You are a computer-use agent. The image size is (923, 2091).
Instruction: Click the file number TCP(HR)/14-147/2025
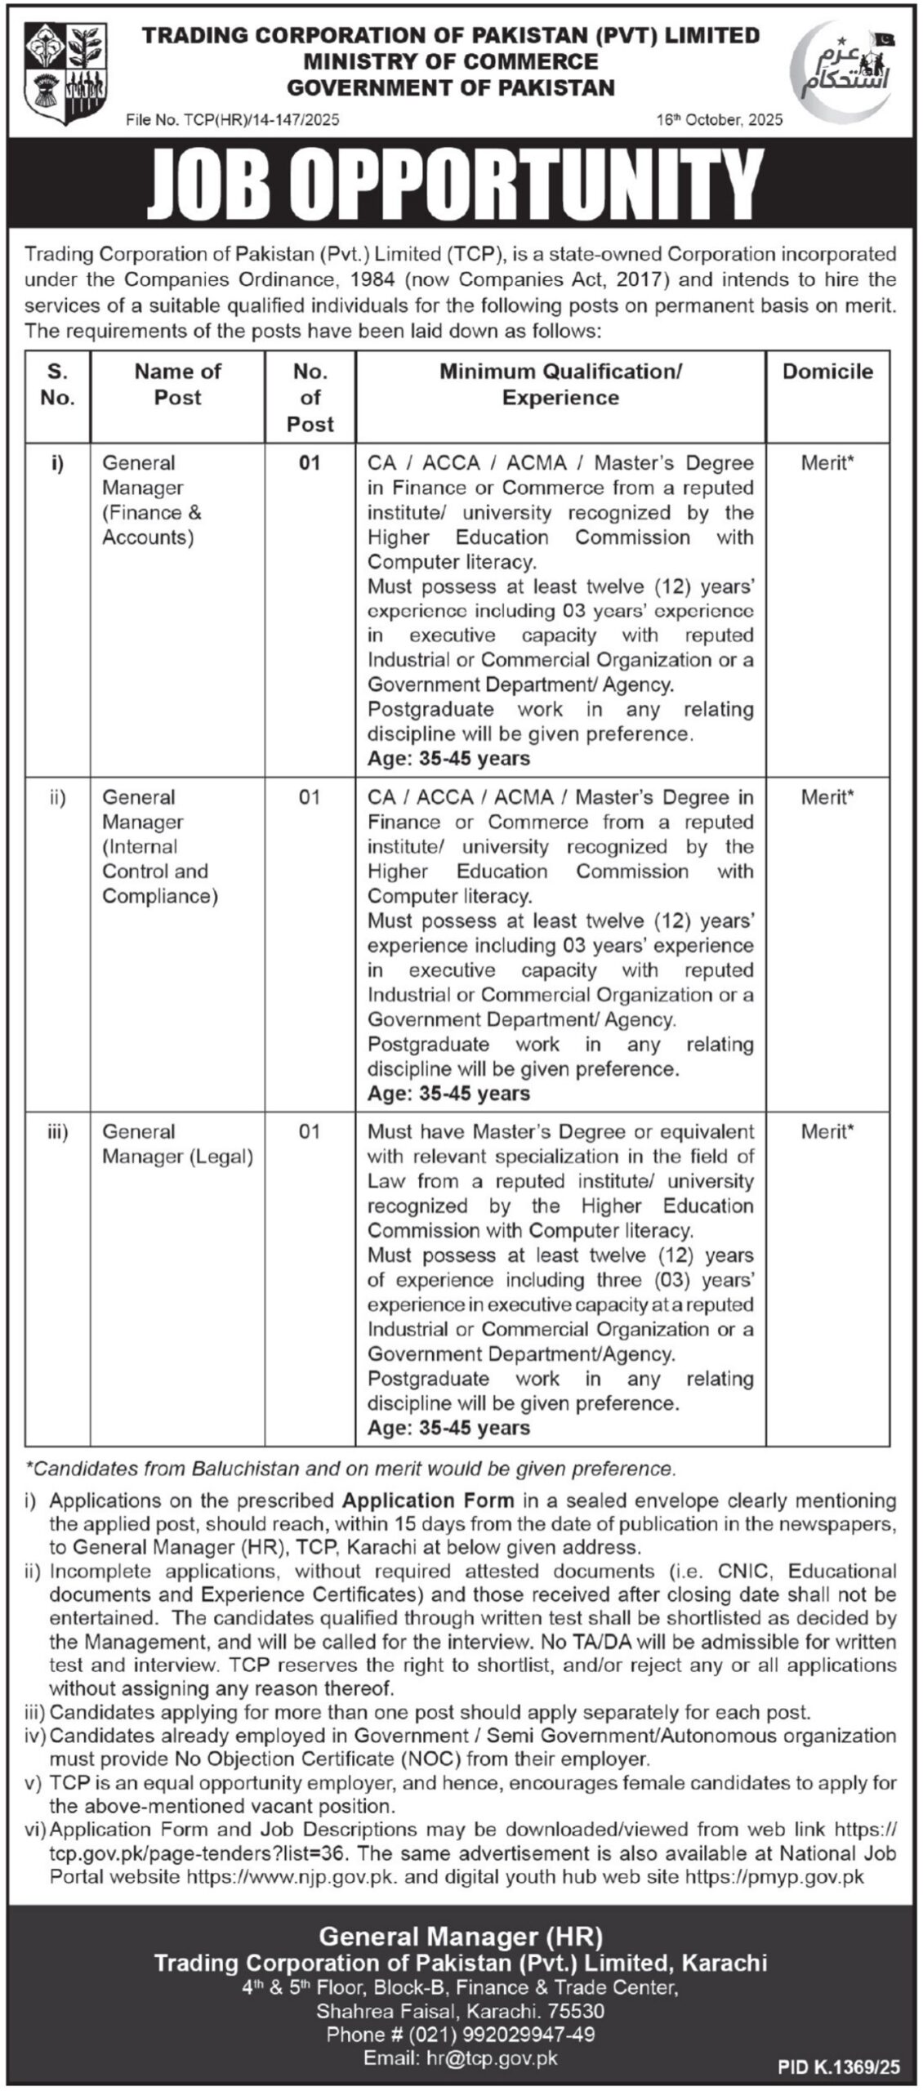point(233,120)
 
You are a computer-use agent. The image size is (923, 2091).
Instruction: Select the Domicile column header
point(827,372)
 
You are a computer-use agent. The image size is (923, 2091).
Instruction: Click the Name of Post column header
point(177,384)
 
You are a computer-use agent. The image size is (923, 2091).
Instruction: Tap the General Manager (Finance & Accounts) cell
point(152,500)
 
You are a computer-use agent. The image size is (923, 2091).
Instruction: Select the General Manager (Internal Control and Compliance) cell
point(159,846)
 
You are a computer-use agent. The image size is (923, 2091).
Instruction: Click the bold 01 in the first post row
point(310,463)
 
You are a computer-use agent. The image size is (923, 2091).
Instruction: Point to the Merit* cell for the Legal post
point(827,1131)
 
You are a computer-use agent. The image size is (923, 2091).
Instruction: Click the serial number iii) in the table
point(57,1131)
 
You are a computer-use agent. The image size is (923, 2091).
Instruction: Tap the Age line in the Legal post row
point(448,1427)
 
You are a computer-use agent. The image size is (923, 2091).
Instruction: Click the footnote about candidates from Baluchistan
point(351,1469)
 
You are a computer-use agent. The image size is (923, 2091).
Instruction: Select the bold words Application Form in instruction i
point(428,1500)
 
